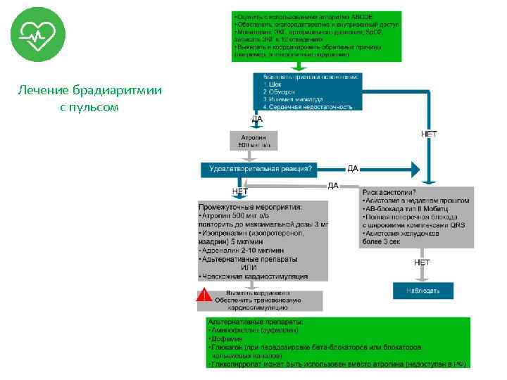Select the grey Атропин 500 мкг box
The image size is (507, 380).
[254, 140]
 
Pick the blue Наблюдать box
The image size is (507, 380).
[423, 290]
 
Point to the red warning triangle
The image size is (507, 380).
[204, 298]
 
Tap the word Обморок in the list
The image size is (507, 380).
[282, 91]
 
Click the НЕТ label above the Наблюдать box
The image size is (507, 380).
[423, 262]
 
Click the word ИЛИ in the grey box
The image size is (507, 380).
[249, 267]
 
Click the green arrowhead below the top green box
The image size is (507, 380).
[299, 68]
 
